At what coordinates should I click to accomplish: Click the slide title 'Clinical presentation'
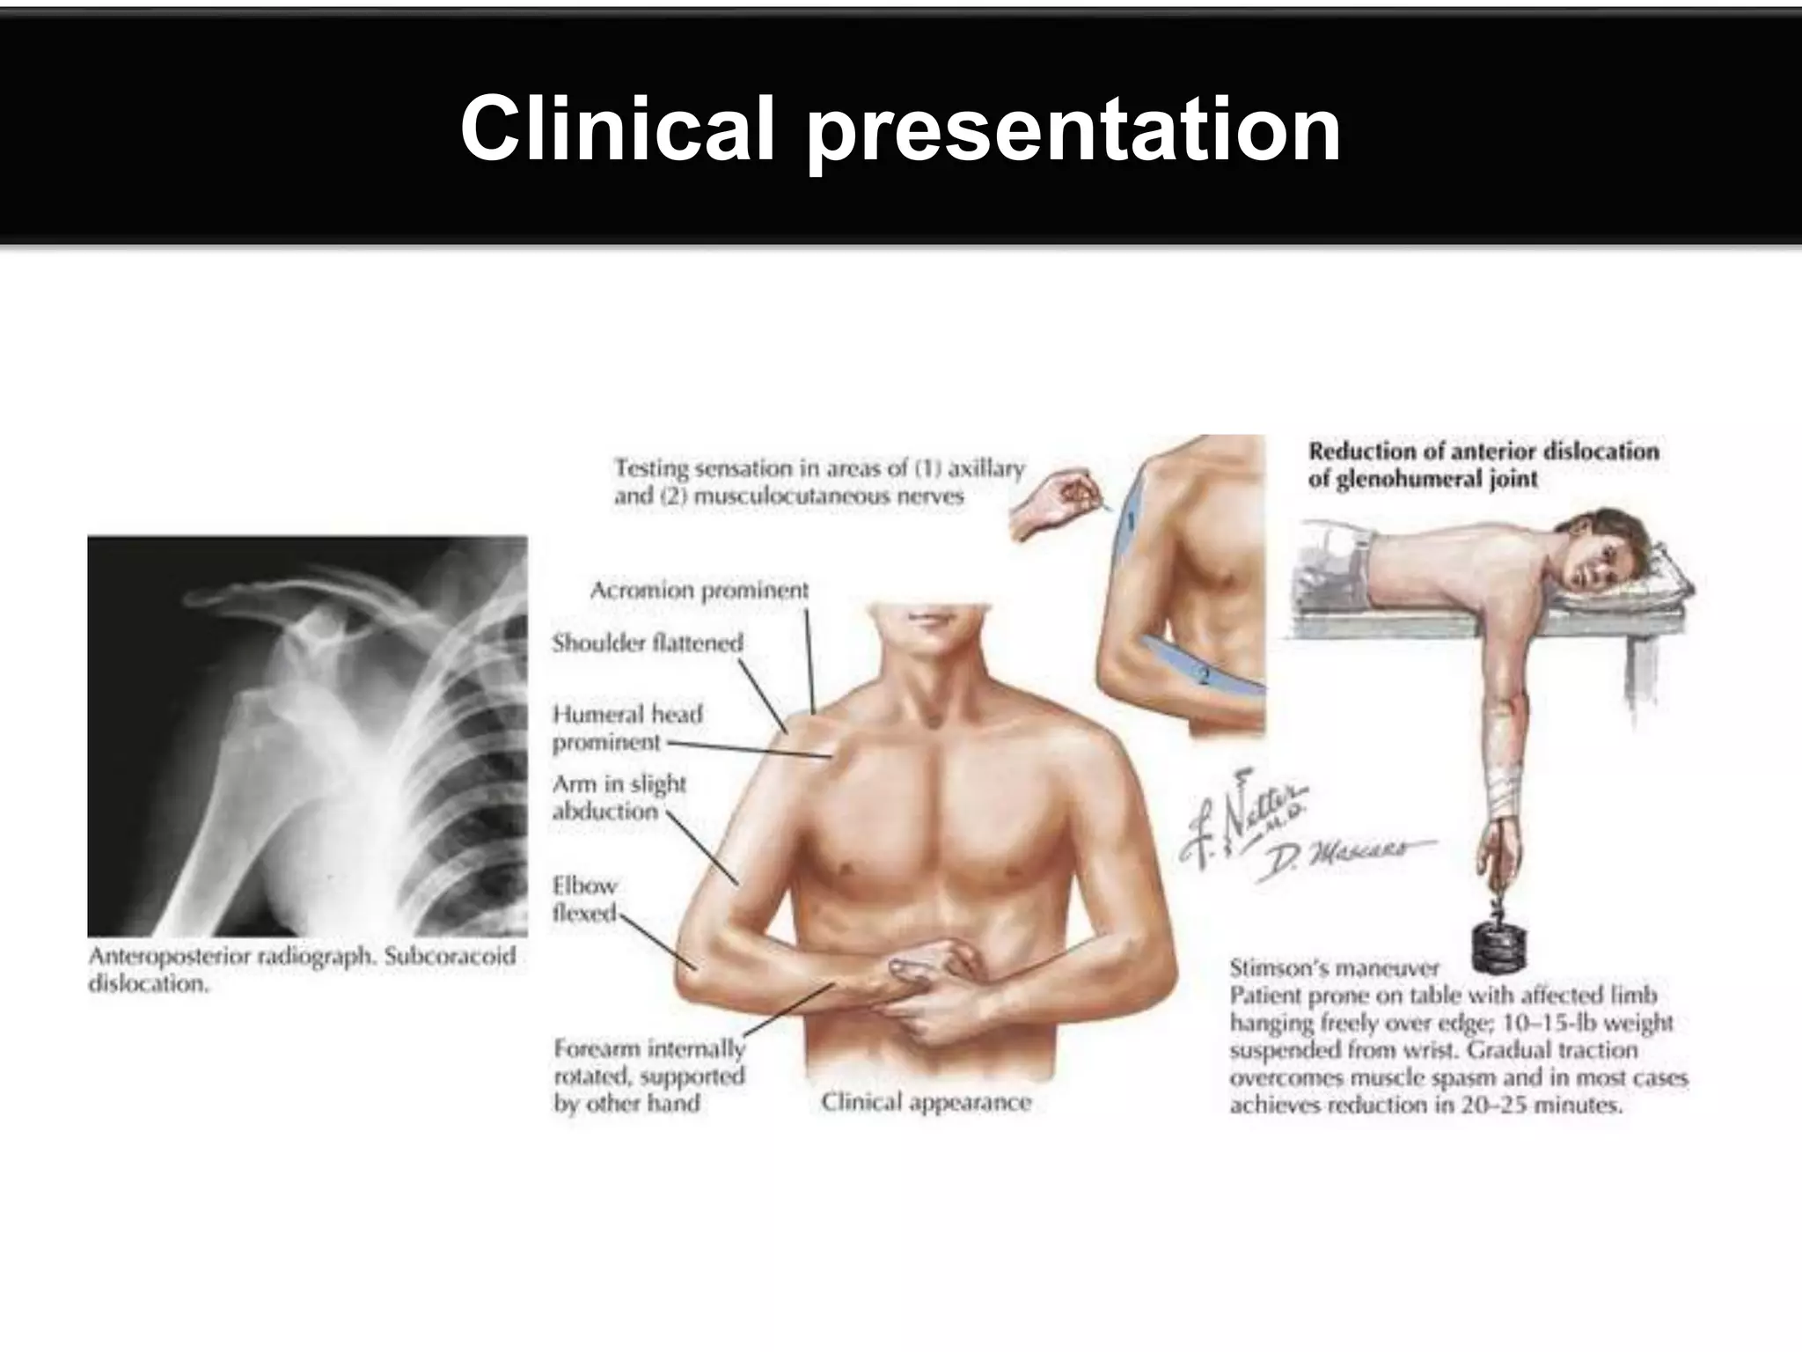[900, 129]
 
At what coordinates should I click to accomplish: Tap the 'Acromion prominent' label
[699, 590]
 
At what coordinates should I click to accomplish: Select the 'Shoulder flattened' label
[648, 643]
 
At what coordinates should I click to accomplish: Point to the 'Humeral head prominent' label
[626, 727]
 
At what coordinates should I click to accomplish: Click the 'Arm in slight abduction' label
[619, 797]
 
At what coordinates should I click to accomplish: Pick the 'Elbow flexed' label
[584, 899]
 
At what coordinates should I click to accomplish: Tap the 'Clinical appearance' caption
[926, 1102]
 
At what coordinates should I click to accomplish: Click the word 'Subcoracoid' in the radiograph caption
[450, 956]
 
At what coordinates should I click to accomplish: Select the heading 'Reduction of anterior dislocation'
[1483, 452]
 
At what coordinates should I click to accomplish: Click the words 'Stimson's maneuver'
[1334, 968]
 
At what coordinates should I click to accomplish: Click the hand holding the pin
[1051, 505]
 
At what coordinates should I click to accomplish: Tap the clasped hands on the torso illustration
[933, 986]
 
